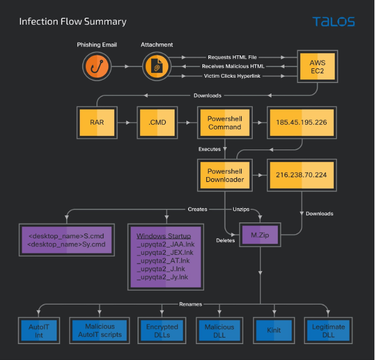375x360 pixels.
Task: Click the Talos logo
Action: [333, 22]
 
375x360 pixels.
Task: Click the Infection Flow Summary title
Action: [72, 22]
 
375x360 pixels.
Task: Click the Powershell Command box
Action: [224, 122]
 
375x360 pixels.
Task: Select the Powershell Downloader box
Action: [224, 175]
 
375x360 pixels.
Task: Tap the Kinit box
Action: [274, 330]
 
